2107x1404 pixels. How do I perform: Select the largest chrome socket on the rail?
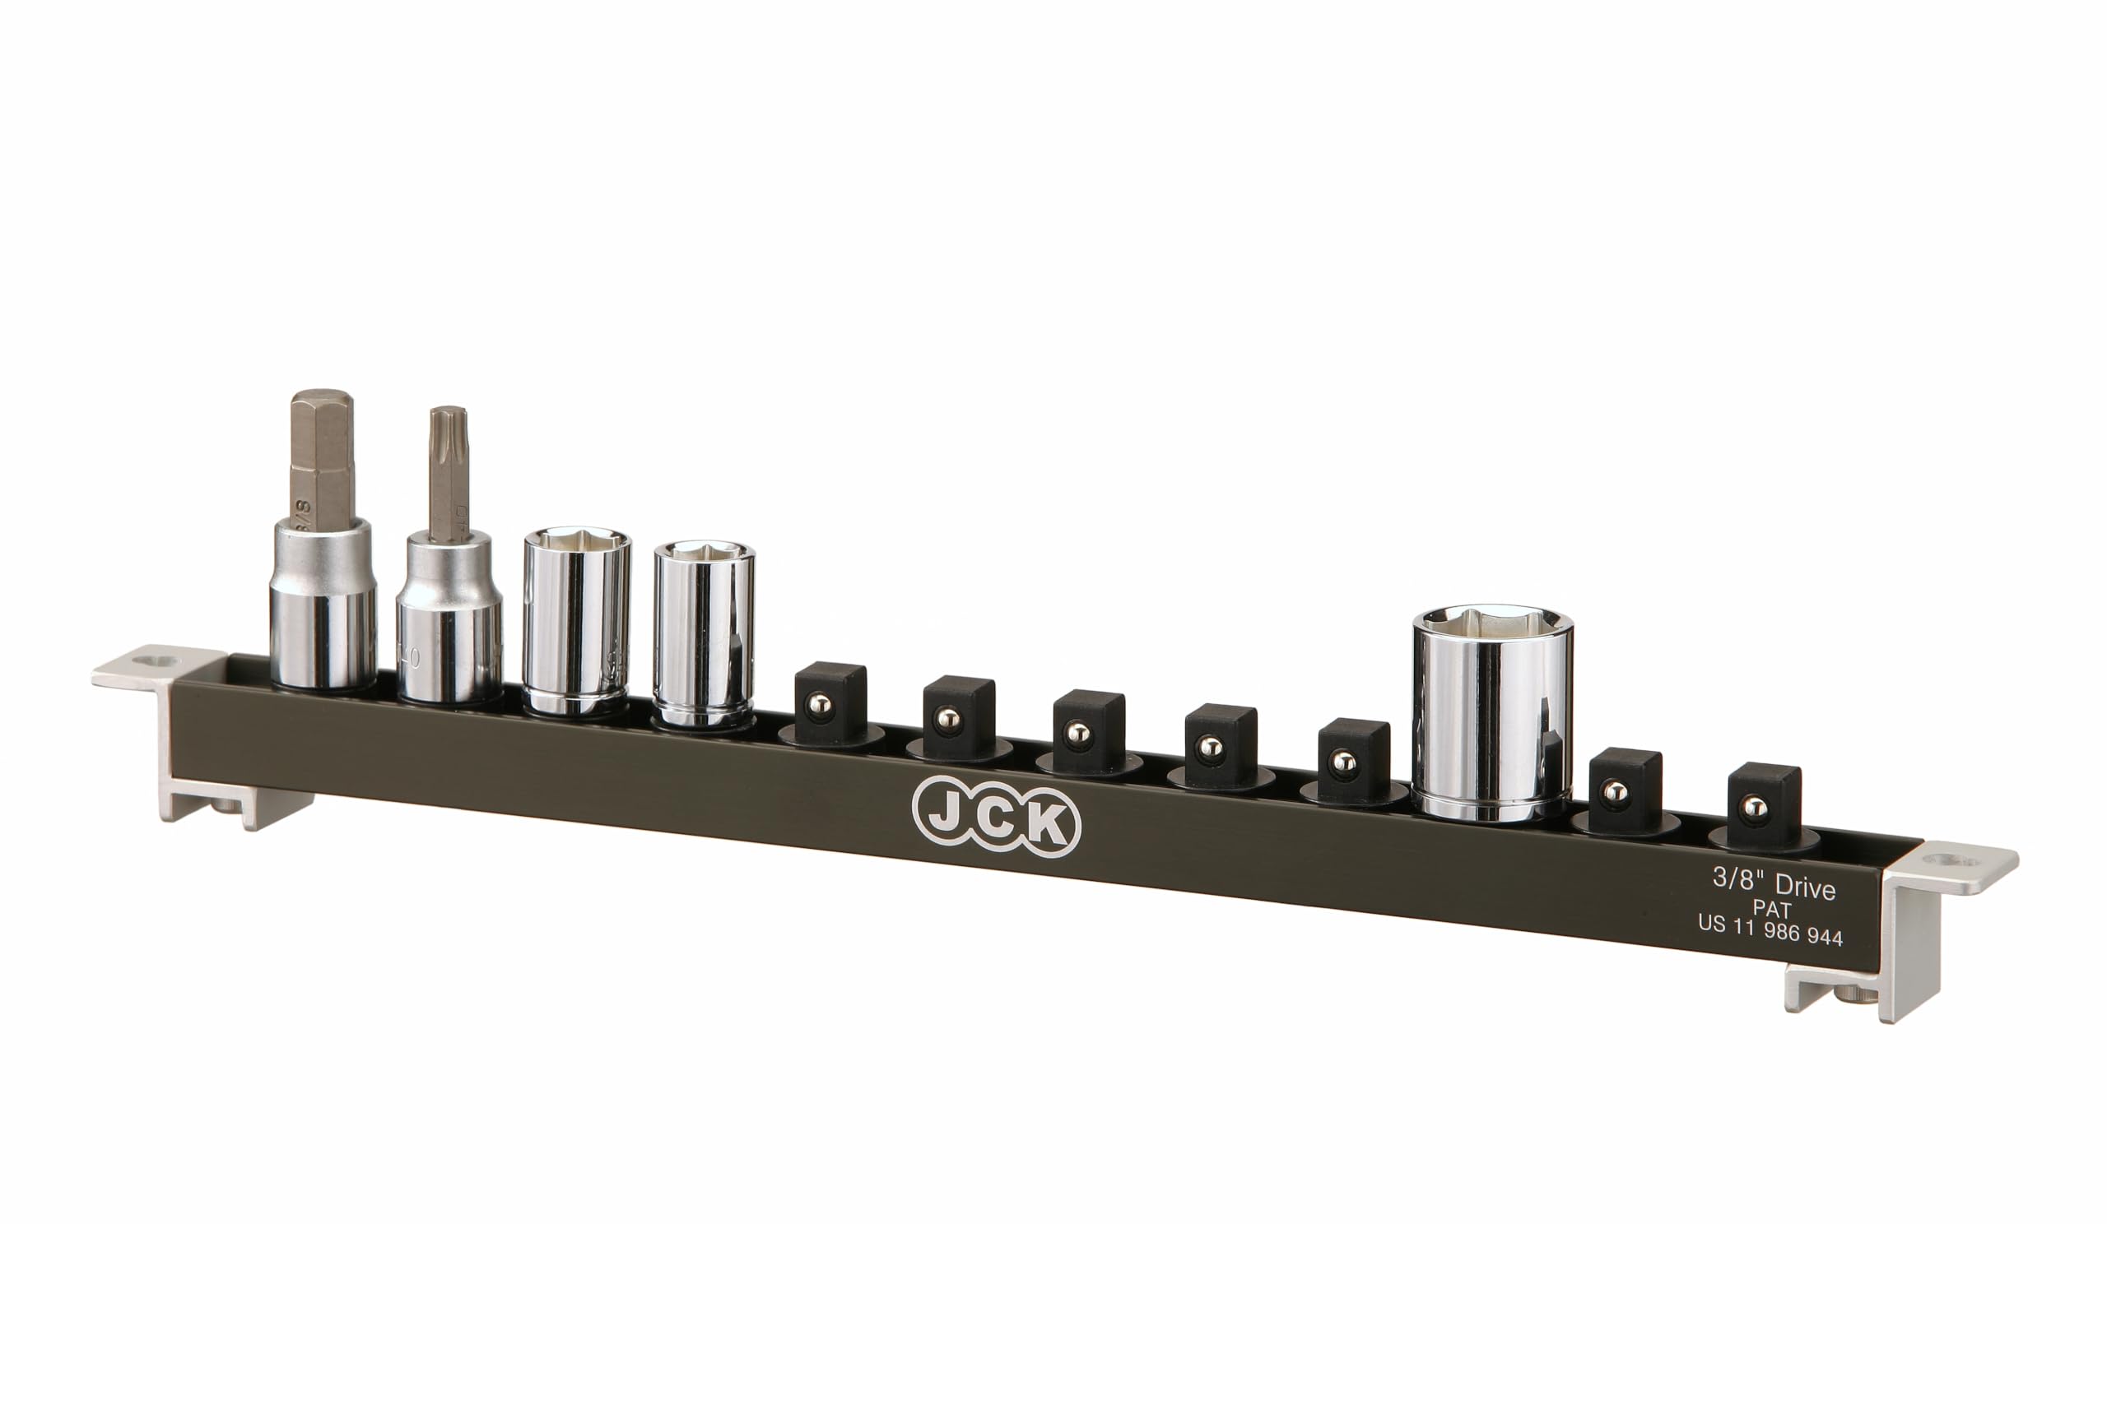click(1492, 716)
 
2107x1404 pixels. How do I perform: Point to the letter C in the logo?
click(995, 819)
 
